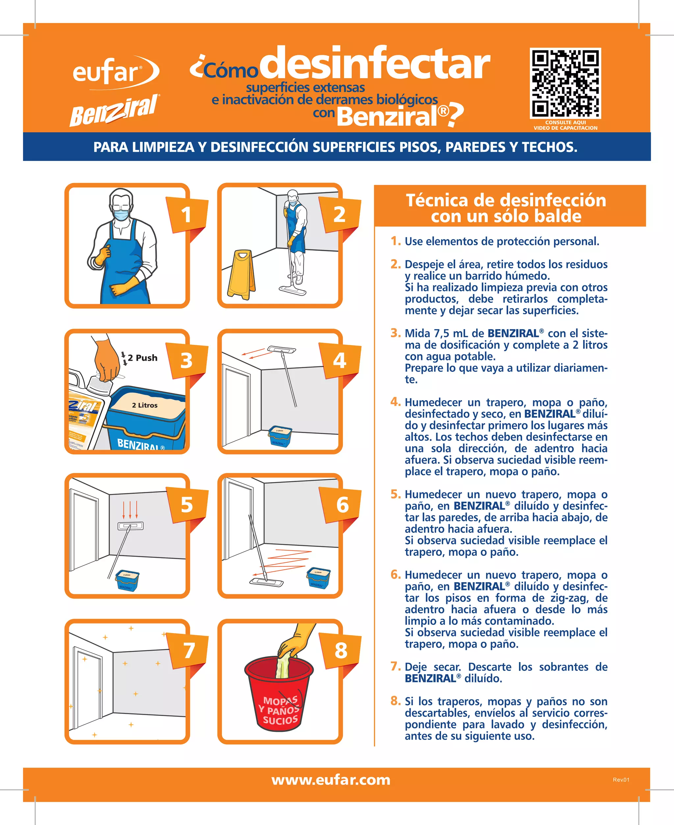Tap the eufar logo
pyautogui.click(x=113, y=72)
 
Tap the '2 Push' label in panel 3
pyautogui.click(x=143, y=358)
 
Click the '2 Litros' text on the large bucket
pyautogui.click(x=144, y=405)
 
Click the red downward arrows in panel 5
pyautogui.click(x=130, y=509)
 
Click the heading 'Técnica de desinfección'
pyautogui.click(x=505, y=200)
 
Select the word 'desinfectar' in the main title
pyautogui.click(x=375, y=64)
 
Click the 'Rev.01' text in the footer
pyautogui.click(x=621, y=780)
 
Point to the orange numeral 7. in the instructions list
pyautogui.click(x=395, y=666)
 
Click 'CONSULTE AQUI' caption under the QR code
pyautogui.click(x=565, y=122)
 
